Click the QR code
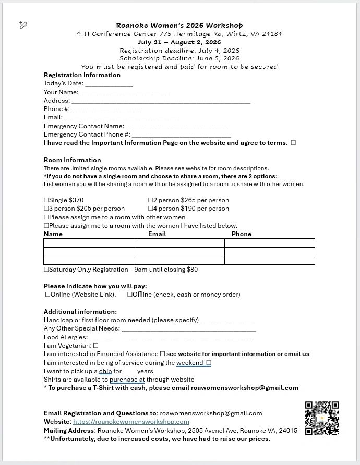[x=322, y=418]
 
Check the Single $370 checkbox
[x=46, y=200]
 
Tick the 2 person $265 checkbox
[x=151, y=200]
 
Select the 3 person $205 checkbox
[x=46, y=209]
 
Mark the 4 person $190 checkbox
[x=151, y=209]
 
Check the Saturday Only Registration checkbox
[x=46, y=270]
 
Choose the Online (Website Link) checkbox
[x=48, y=295]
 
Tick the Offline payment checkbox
[x=130, y=295]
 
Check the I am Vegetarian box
[x=96, y=345]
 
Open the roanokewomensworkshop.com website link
[x=131, y=422]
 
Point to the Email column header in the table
[x=157, y=234]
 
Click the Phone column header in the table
[x=242, y=234]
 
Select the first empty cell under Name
[x=89, y=243]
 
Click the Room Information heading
[x=73, y=160]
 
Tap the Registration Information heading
[x=82, y=75]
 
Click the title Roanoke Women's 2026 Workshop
[x=179, y=25]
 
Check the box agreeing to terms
[x=293, y=143]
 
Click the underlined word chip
[x=106, y=371]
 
